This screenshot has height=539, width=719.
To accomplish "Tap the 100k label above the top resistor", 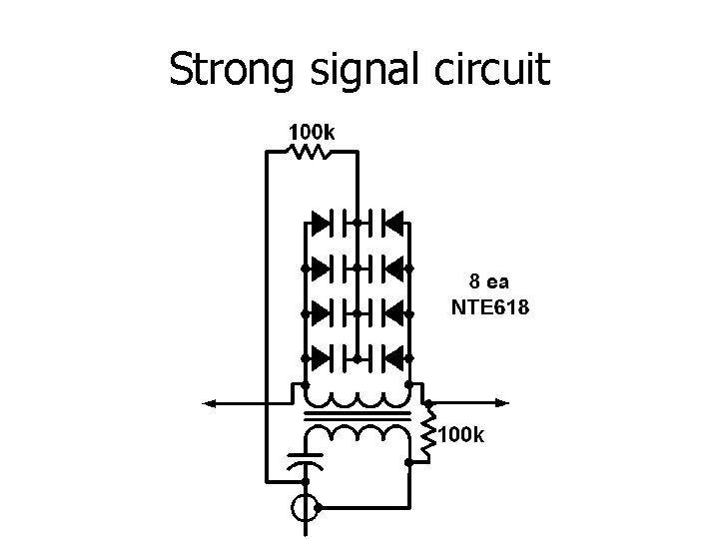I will (312, 131).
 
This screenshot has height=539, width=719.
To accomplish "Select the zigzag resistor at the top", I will (309, 152).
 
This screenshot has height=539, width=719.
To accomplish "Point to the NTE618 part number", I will (490, 307).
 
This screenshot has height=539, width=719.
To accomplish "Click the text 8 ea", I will (489, 282).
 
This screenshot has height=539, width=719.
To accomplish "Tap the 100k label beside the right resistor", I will (461, 435).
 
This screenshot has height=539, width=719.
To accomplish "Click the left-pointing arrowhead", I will (212, 402).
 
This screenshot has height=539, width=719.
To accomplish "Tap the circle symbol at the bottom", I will (305, 508).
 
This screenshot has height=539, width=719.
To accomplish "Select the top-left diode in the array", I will (322, 221).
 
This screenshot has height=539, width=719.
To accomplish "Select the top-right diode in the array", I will (392, 221).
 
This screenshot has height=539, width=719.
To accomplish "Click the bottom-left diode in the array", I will (322, 356).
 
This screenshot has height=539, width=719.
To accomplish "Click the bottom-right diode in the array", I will (392, 356).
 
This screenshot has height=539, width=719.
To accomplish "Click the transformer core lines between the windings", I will (358, 416).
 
